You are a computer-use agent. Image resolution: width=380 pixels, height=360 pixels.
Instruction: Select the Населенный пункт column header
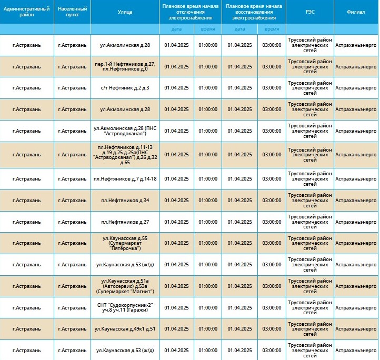coord(72,12)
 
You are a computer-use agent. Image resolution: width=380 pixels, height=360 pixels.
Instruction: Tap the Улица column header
coord(125,12)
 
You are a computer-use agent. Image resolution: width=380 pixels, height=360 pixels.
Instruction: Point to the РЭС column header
coord(310,12)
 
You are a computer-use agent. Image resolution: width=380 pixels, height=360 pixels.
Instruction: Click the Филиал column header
coord(356,12)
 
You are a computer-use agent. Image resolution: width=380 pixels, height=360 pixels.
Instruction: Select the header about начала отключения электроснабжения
coord(190,12)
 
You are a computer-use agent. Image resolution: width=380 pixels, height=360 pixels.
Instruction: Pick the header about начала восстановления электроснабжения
coord(254,12)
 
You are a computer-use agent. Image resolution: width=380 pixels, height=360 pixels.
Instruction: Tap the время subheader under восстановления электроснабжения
coord(272,29)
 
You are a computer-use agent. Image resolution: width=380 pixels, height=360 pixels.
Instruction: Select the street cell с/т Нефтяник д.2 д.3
coord(125,88)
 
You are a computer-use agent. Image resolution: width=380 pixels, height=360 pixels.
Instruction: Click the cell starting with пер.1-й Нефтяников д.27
coord(125,66)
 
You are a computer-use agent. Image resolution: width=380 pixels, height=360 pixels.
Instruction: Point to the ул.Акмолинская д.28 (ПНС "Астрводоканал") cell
coord(125,131)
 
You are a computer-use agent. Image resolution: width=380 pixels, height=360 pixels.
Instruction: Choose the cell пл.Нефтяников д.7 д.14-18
coord(125,179)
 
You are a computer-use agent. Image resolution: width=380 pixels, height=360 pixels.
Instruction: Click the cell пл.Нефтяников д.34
coord(125,201)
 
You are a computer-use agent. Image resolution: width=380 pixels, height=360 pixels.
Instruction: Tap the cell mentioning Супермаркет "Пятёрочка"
coord(125,243)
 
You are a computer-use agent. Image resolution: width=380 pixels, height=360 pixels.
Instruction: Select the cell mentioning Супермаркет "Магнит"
coord(125,286)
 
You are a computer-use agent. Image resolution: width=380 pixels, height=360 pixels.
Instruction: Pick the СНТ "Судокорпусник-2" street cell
coord(125,307)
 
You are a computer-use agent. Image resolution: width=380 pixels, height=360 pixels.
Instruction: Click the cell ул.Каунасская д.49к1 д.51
coord(125,329)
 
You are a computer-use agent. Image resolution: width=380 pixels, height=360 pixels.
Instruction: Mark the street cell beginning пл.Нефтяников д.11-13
coord(125,155)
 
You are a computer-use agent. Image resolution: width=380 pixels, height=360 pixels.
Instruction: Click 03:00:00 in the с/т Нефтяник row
coord(272,88)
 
